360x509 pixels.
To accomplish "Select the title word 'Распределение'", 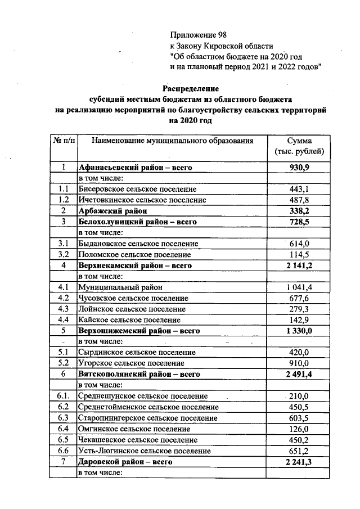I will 191,88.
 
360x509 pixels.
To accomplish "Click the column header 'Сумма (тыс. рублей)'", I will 299,146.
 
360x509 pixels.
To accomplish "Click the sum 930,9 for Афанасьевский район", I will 299,168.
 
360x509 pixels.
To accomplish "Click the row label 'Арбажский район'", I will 112,210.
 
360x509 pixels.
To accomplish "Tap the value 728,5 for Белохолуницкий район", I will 299,222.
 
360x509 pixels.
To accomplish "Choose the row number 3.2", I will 63,254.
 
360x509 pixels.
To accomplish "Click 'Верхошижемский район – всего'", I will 139,330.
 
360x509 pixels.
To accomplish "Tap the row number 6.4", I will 63,429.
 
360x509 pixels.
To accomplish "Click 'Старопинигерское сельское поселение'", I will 148,418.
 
